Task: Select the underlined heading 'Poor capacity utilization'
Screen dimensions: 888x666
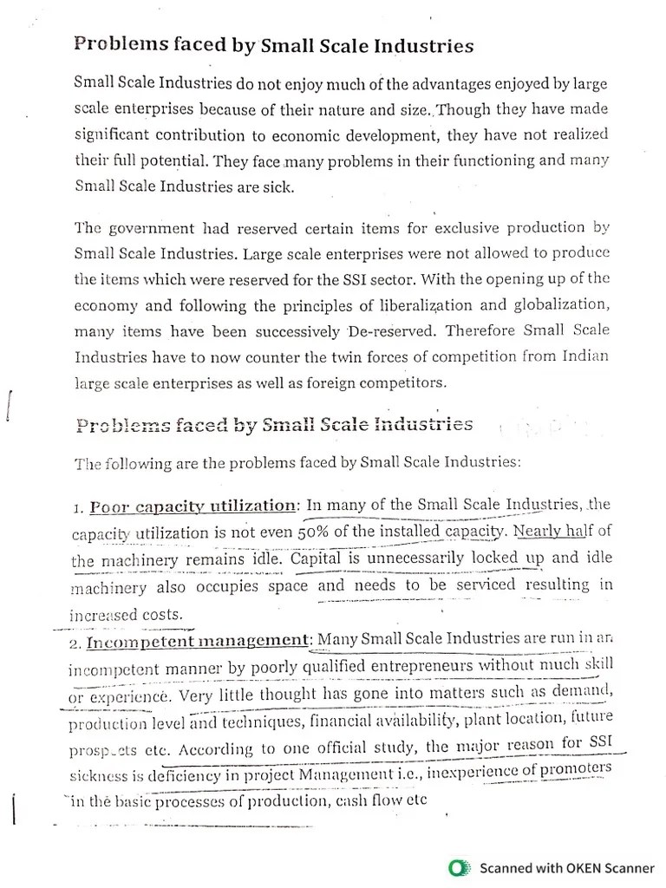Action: [193, 506]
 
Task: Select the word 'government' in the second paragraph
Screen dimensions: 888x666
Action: [153, 228]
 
